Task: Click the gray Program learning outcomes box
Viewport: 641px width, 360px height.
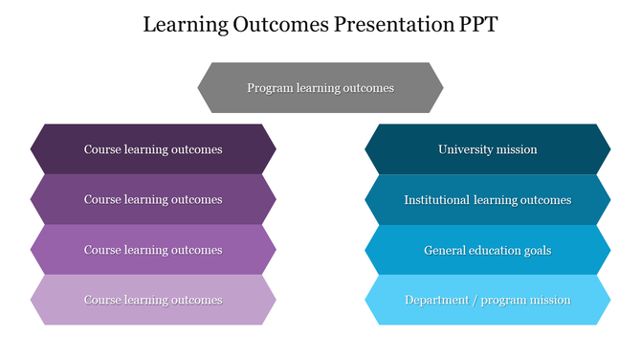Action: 320,88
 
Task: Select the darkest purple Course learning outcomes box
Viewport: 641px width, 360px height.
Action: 153,149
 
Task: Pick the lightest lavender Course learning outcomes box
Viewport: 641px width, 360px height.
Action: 153,300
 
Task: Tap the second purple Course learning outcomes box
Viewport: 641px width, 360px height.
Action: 153,200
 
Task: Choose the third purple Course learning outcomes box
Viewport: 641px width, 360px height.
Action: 153,250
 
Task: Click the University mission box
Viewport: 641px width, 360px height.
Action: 488,149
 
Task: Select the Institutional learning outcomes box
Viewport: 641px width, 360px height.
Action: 488,200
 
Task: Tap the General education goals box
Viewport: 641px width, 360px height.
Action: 488,250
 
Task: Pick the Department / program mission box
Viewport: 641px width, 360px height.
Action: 488,300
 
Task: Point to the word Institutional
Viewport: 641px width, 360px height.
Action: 436,200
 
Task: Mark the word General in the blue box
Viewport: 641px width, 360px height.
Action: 445,250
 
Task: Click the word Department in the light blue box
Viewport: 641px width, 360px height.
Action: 436,300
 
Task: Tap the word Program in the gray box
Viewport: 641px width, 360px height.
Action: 268,88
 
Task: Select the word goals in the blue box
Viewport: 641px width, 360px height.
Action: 536,251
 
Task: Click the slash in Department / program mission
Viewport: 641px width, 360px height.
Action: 475,300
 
